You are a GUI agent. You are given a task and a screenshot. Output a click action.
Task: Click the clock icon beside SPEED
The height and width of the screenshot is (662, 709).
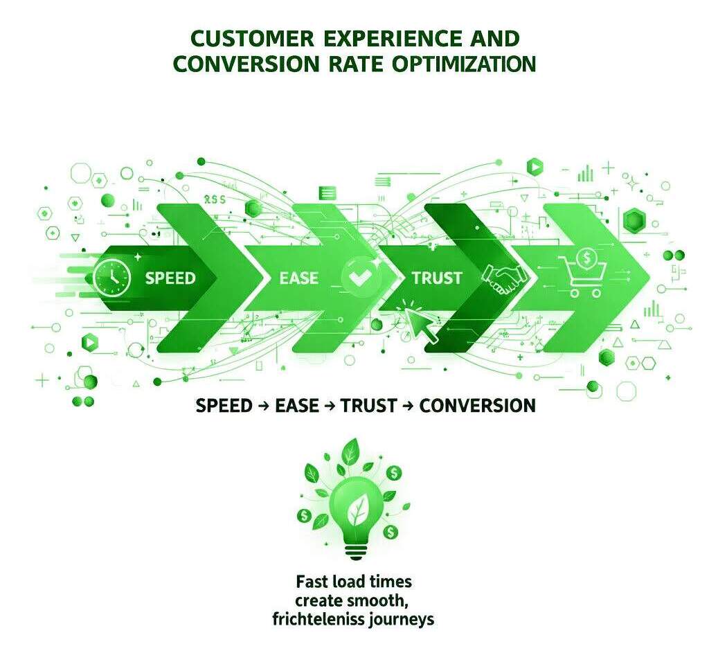pyautogui.click(x=111, y=278)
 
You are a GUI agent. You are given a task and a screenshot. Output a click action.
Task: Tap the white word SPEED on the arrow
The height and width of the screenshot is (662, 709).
pyautogui.click(x=170, y=278)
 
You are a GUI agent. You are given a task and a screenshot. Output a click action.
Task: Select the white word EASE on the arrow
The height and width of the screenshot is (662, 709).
pyautogui.click(x=298, y=278)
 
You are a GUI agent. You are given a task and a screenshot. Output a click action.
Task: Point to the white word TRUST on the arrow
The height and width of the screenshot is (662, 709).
pyautogui.click(x=436, y=278)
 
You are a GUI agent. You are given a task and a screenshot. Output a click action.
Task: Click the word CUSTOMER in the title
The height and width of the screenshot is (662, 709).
pyautogui.click(x=238, y=37)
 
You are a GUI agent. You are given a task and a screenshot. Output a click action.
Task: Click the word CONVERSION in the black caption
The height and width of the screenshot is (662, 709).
pyautogui.click(x=477, y=405)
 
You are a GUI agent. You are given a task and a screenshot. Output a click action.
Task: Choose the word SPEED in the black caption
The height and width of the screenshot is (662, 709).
pyautogui.click(x=224, y=405)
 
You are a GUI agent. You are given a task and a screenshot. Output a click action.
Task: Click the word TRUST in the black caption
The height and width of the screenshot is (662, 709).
pyautogui.click(x=369, y=405)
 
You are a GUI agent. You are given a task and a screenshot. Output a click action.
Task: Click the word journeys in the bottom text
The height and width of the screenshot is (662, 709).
pyautogui.click(x=401, y=618)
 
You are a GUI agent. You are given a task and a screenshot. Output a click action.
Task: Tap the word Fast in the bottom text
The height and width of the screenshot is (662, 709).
pyautogui.click(x=312, y=580)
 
